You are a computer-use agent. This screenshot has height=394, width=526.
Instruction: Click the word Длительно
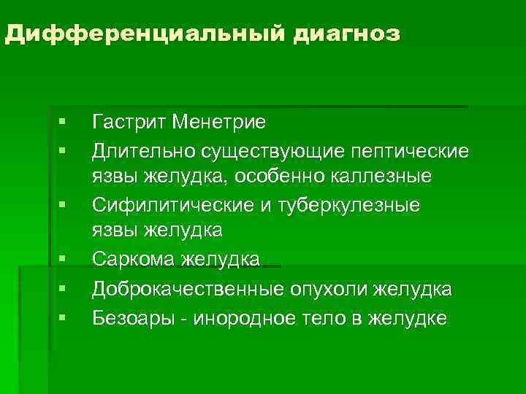[134, 151]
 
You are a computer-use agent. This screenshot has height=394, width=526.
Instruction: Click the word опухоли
[328, 290]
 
